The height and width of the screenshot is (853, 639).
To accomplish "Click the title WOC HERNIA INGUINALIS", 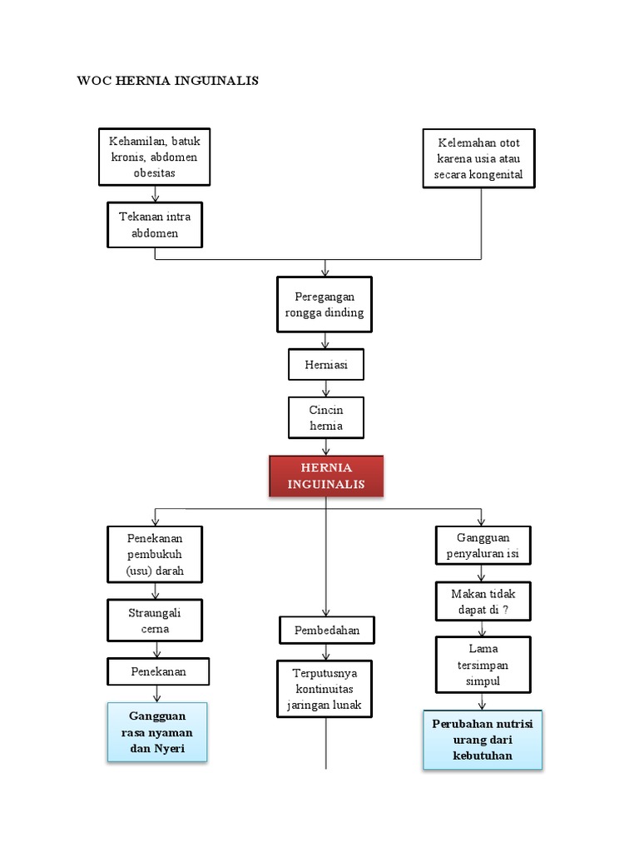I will [x=167, y=81].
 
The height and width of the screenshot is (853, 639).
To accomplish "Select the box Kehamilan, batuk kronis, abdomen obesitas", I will [x=155, y=157].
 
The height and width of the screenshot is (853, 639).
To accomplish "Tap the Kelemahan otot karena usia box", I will [x=478, y=158].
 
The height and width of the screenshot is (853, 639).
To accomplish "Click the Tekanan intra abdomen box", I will [x=155, y=225].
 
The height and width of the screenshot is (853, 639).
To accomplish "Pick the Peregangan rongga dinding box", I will [x=324, y=304].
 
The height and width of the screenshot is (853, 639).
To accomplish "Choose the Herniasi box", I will [x=325, y=365].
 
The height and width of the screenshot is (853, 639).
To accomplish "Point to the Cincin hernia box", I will [x=325, y=417].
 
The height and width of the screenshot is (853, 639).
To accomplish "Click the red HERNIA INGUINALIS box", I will [x=326, y=476].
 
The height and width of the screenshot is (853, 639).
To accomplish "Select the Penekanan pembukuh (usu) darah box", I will [x=155, y=555].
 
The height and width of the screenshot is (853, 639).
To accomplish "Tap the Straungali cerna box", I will [x=155, y=621].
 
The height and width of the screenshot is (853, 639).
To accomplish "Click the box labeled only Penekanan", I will [x=158, y=671].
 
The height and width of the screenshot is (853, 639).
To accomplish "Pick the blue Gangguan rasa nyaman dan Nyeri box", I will [x=157, y=731].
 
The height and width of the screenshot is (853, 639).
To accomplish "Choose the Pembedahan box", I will [x=327, y=631].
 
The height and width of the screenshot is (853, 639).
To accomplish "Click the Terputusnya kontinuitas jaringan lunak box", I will [x=325, y=689].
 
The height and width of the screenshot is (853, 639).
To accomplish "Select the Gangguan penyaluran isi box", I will [x=483, y=546].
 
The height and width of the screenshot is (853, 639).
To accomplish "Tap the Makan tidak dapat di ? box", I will [x=483, y=601].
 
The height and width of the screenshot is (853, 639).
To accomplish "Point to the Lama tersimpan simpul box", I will [x=483, y=665].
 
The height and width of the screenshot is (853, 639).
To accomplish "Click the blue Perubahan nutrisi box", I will [x=483, y=740].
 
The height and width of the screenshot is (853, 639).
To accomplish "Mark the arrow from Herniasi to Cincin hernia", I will [x=325, y=387].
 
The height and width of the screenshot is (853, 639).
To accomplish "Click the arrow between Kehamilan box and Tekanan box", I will [x=155, y=194].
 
